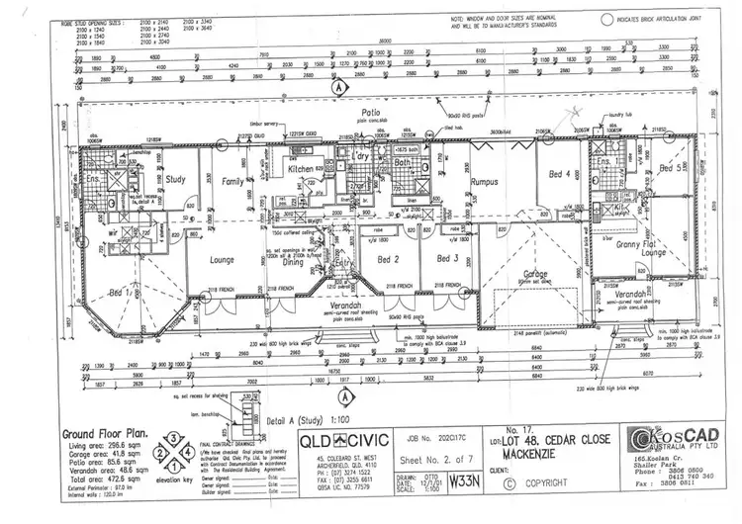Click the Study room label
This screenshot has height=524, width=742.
click(176, 180)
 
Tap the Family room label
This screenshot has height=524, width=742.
click(232, 182)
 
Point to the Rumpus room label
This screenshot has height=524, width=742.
click(484, 181)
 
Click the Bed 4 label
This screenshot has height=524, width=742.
click(558, 174)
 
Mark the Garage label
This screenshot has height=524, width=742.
click(537, 273)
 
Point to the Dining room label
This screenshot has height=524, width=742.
click(293, 262)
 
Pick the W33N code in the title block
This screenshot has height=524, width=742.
click(460, 483)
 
